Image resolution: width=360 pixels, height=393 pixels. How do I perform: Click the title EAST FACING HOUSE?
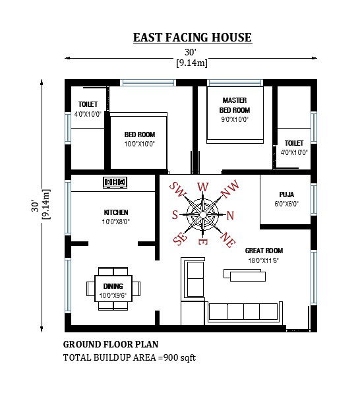point(192,37)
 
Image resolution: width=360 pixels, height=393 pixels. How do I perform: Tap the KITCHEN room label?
point(116,212)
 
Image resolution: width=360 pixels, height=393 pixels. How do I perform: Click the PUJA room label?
point(286,195)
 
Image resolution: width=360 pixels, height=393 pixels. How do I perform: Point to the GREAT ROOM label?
point(264,251)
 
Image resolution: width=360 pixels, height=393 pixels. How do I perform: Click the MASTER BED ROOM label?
point(234,105)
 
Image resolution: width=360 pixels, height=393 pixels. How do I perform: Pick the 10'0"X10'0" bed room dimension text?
point(139,144)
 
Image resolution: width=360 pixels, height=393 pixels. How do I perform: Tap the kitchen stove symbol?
point(115,181)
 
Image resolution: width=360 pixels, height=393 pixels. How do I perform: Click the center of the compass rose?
point(203,214)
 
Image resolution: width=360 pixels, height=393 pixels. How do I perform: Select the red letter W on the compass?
point(203,187)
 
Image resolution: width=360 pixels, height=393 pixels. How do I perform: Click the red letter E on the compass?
point(203,242)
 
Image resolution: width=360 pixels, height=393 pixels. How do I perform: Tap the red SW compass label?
point(177,190)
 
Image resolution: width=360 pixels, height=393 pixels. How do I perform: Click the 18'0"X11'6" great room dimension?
point(264,260)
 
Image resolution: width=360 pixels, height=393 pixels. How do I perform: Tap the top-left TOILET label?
point(88,105)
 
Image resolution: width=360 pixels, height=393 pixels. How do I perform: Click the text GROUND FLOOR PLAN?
point(110,344)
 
